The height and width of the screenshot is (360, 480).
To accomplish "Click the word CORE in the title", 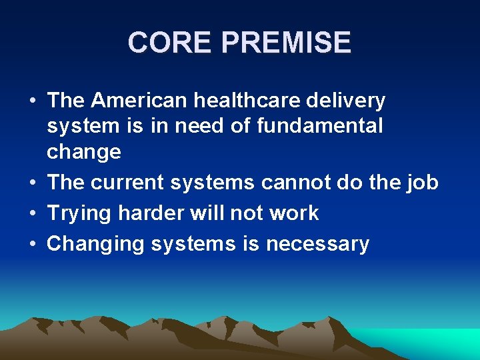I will click(x=171, y=43).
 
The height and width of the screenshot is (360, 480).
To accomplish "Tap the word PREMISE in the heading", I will click(x=286, y=43).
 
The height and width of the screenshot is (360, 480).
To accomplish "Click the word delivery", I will click(x=353, y=101).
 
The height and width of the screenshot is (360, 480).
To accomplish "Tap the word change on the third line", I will click(x=83, y=152).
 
